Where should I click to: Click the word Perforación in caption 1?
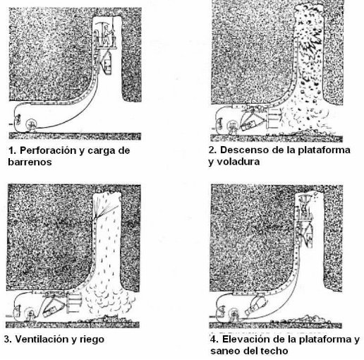click(49, 151)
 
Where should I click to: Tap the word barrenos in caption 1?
click(30, 162)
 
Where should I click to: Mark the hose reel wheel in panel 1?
click(31, 124)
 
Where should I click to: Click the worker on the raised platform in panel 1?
click(107, 36)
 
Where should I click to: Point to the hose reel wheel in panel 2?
click(233, 126)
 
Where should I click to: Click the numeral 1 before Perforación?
click(12, 150)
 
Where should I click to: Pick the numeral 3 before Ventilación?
click(8, 340)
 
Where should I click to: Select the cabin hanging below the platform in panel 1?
click(107, 62)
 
